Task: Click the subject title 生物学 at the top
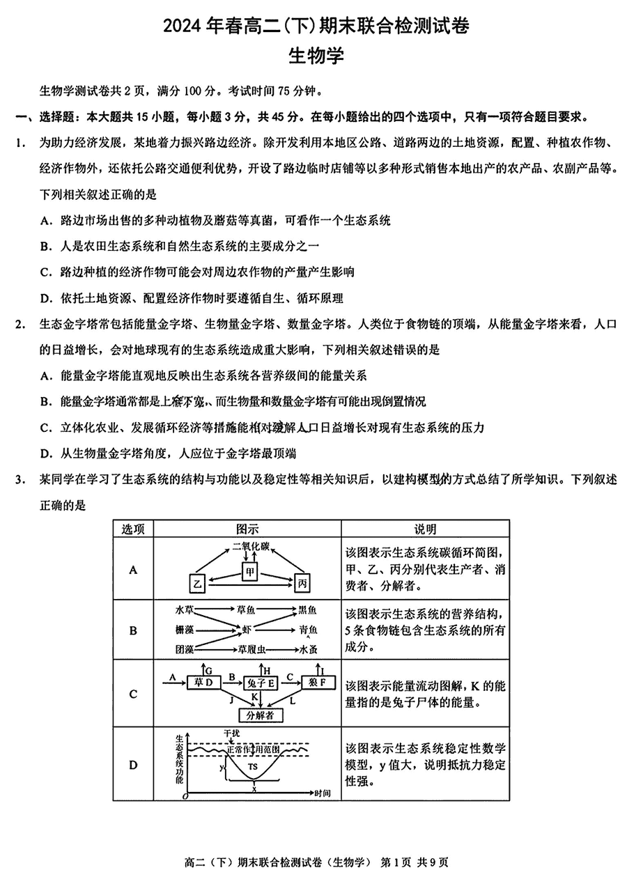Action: [x=316, y=57]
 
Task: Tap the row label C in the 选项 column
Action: [x=132, y=694]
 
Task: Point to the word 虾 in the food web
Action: [x=247, y=630]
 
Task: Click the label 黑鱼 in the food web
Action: [x=307, y=611]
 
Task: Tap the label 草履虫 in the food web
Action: [x=251, y=649]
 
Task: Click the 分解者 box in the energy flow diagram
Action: [x=255, y=715]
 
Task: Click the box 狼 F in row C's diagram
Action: [x=318, y=682]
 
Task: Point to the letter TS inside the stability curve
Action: [x=253, y=766]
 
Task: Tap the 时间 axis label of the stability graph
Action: [x=322, y=793]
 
